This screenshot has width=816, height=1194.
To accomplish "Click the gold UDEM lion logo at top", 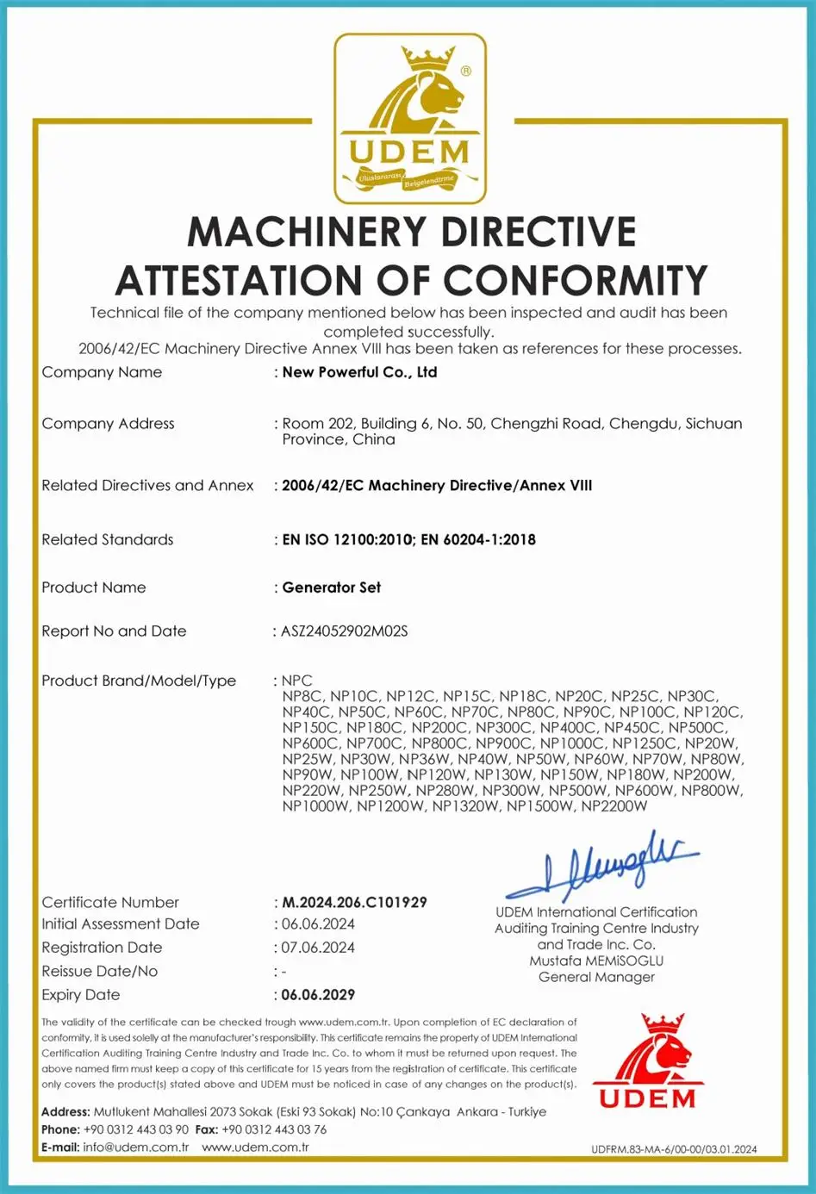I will [410, 118].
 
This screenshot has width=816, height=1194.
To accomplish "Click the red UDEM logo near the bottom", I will [648, 1061].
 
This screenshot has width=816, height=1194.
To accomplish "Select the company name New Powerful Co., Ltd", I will [359, 372].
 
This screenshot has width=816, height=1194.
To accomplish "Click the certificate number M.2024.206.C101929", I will [354, 902].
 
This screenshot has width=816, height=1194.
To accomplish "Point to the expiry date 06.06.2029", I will [318, 994].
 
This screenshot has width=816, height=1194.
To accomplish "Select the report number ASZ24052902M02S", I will [345, 631].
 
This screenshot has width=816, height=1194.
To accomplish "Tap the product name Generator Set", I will [332, 588].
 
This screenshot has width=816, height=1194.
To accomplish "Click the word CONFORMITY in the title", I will [576, 281].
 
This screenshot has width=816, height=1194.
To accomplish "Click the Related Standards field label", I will [108, 540].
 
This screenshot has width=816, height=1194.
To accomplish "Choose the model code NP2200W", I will [614, 806].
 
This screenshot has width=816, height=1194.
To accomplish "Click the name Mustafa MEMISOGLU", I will [596, 961].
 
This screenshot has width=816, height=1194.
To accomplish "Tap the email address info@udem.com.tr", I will [136, 1147].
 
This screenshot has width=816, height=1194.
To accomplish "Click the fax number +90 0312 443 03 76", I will [274, 1129].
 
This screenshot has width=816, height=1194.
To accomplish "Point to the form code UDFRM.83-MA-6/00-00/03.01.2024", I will [674, 1149].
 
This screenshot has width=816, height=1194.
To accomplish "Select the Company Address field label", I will [108, 424].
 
